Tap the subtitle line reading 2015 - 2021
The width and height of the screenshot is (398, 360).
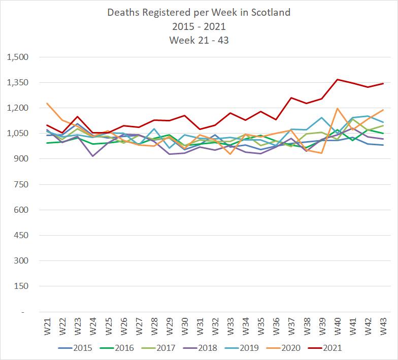pyautogui.click(x=199, y=26)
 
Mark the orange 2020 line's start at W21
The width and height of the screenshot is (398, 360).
pyautogui.click(x=47, y=103)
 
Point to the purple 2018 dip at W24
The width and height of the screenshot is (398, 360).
pyautogui.click(x=92, y=156)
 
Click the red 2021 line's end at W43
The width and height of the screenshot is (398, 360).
pyautogui.click(x=383, y=84)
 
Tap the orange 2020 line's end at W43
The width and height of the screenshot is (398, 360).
pyautogui.click(x=383, y=110)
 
